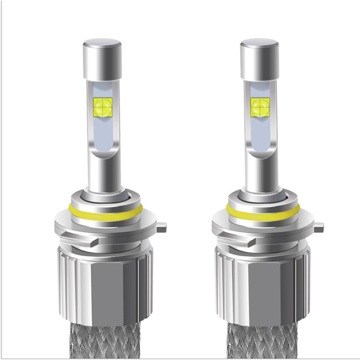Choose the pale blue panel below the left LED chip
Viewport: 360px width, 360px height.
101,133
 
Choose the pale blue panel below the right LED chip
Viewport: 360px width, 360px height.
259,133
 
